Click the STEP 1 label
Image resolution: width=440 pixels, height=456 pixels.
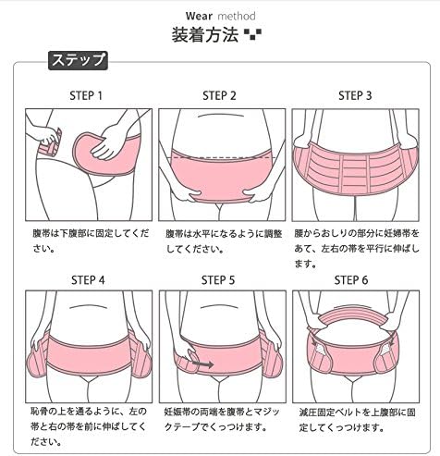(86, 95)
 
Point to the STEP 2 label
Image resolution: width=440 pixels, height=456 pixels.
(220, 95)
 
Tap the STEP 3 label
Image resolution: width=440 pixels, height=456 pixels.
(355, 95)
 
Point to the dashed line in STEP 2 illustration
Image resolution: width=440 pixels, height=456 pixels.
(219, 147)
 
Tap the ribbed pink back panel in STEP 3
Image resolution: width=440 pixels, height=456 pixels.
(355, 173)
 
